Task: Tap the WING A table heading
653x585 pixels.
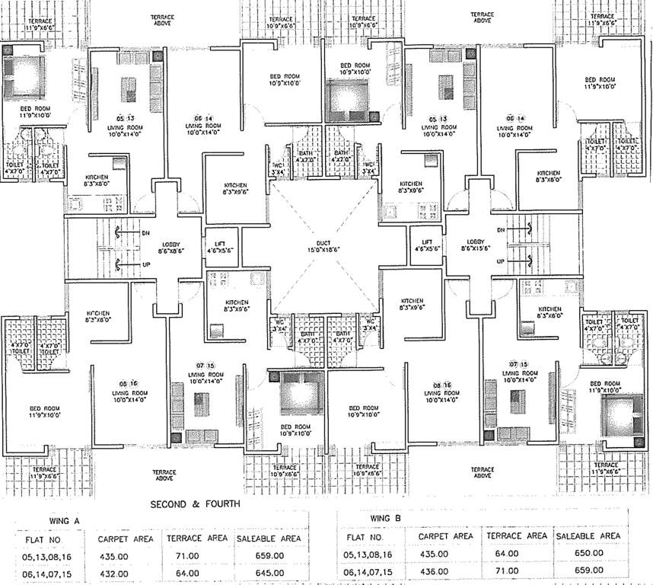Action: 57,521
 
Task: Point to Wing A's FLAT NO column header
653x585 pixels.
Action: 56,539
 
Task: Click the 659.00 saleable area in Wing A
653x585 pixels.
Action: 269,556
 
